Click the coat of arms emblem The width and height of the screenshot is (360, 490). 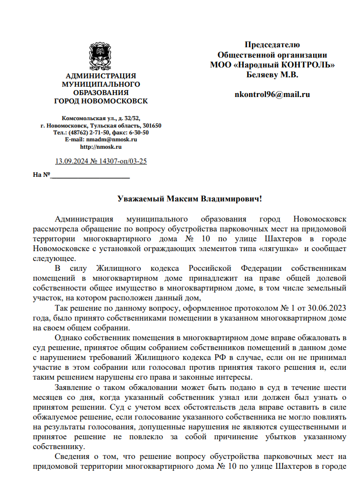[x=100, y=56]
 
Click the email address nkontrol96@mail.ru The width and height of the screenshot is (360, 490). [x=272, y=95]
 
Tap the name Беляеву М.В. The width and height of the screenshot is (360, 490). [x=272, y=75]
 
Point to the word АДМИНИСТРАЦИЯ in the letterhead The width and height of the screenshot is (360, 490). [x=100, y=76]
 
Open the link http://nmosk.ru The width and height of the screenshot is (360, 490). [x=100, y=147]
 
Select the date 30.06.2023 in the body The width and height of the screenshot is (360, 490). [x=327, y=309]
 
